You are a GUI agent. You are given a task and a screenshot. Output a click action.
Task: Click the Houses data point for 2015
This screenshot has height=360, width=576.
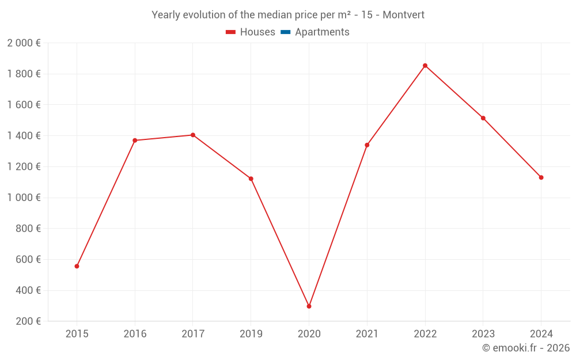(77, 266)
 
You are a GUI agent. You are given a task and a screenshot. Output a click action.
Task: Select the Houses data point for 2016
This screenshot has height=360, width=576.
(135, 141)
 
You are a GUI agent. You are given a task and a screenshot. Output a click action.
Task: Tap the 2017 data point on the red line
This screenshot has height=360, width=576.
(193, 135)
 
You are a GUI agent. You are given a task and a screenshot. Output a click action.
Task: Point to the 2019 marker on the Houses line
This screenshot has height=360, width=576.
(251, 179)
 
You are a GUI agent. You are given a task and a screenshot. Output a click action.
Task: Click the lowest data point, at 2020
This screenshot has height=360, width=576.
(309, 306)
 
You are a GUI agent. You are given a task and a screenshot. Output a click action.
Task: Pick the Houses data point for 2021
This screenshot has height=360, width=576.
(367, 145)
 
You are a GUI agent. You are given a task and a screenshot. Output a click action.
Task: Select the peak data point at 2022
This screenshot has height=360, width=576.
(425, 66)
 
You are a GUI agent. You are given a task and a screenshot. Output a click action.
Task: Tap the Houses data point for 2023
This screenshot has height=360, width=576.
(483, 118)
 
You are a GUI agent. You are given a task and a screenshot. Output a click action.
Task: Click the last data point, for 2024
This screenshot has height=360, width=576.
(541, 177)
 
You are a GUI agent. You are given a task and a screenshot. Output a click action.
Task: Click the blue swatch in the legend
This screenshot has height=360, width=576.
(285, 32)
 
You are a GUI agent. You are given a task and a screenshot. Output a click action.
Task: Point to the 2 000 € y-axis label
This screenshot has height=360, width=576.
(24, 43)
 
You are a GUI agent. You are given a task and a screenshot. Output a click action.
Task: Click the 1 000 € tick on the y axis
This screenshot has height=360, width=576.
(24, 198)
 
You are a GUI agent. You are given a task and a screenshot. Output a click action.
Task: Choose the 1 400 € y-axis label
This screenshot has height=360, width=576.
(24, 136)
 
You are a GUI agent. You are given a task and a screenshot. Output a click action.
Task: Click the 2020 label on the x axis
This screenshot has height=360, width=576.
(309, 334)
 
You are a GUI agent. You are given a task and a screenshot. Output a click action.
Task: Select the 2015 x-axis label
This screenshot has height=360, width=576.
(77, 334)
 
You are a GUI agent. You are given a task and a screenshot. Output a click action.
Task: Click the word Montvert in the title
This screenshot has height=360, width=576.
(403, 15)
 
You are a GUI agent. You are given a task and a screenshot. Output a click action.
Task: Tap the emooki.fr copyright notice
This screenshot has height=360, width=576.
(526, 348)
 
